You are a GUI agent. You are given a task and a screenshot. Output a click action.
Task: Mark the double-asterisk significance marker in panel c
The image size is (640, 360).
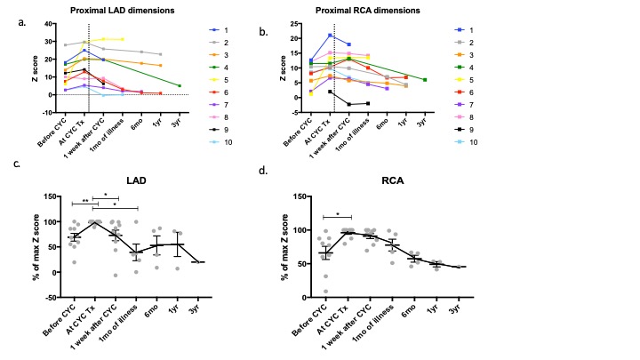[x=85, y=201]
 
